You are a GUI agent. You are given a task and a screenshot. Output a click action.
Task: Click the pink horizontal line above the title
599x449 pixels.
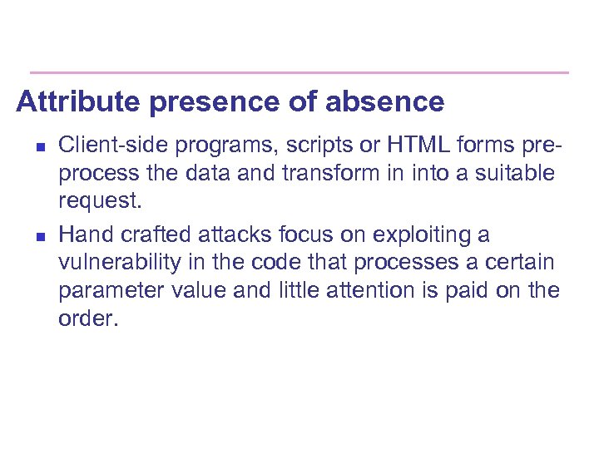[299, 72]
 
